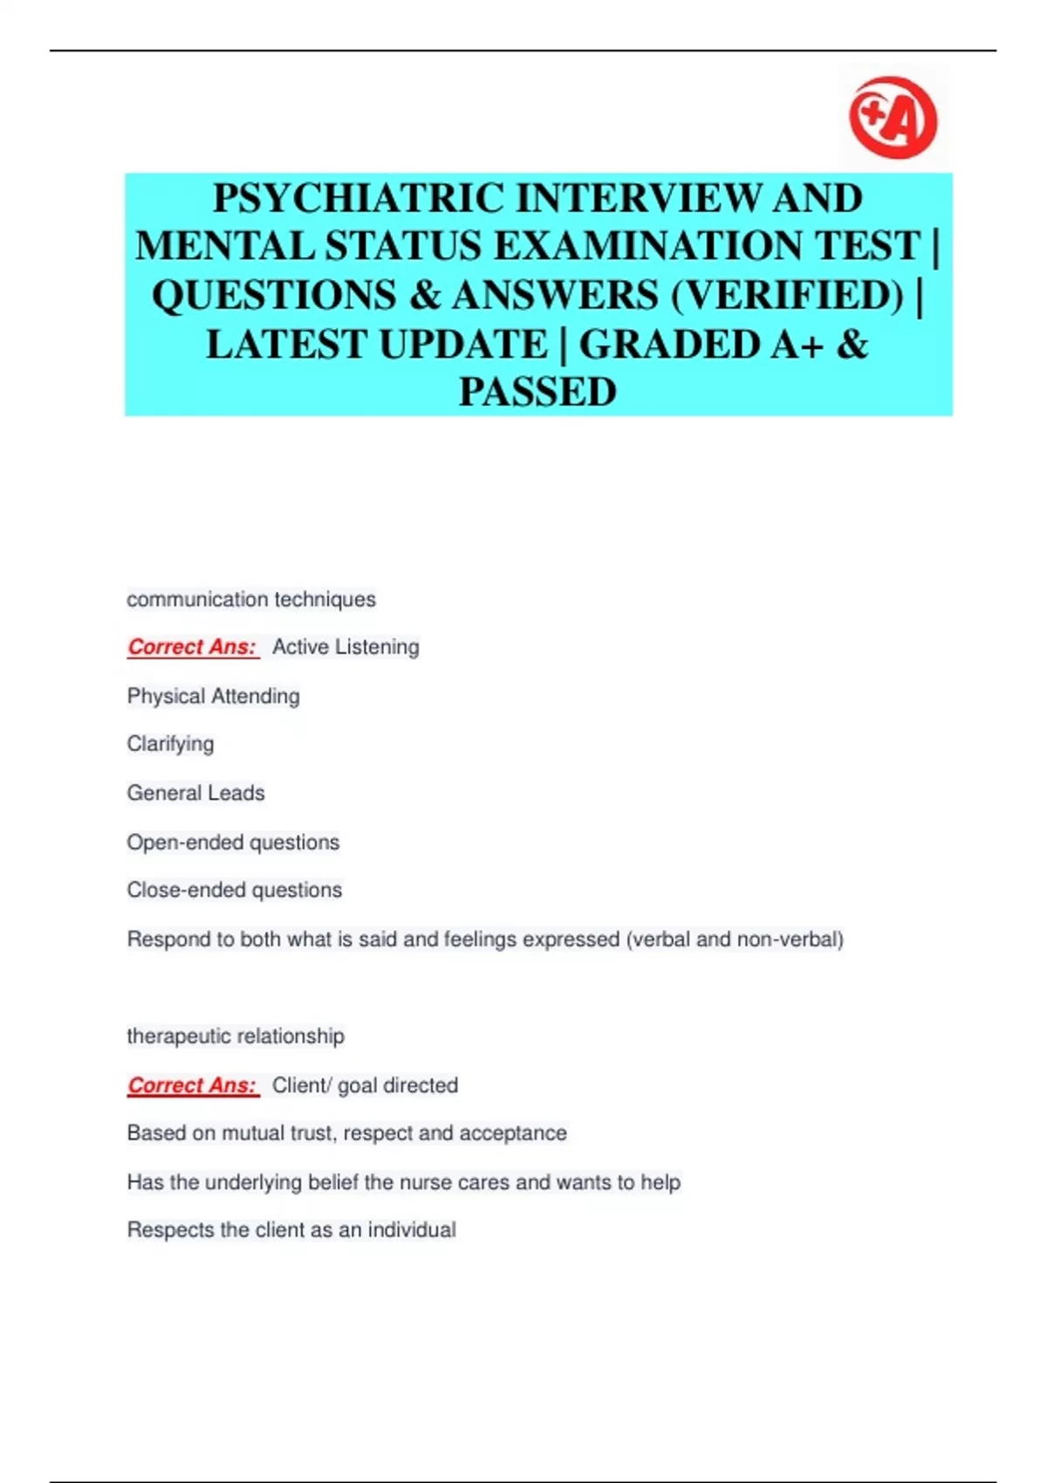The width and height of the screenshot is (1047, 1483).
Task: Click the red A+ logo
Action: pyautogui.click(x=893, y=118)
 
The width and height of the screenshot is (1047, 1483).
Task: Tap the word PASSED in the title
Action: pyautogui.click(x=537, y=392)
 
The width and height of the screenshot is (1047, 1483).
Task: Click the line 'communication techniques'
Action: pyautogui.click(x=251, y=599)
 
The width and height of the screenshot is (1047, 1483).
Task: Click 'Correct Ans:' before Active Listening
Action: pyautogui.click(x=193, y=647)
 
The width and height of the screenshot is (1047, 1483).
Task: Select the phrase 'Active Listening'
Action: pyautogui.click(x=346, y=647)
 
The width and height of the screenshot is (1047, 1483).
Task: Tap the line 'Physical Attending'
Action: pyautogui.click(x=214, y=696)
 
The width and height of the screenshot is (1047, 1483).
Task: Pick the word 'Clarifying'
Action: pyautogui.click(x=170, y=744)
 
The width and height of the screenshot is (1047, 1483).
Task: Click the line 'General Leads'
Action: pyautogui.click(x=196, y=793)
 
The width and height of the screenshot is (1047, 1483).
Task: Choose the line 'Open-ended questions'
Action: pyautogui.click(x=233, y=842)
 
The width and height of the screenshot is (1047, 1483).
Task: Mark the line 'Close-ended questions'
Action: pyautogui.click(x=235, y=890)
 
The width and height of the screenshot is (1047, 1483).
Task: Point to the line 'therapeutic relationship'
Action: pyautogui.click(x=236, y=1036)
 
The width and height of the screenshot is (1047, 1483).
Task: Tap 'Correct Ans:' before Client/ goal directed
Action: pyautogui.click(x=193, y=1085)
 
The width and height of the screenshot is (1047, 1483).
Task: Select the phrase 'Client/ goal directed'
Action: pyautogui.click(x=365, y=1085)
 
